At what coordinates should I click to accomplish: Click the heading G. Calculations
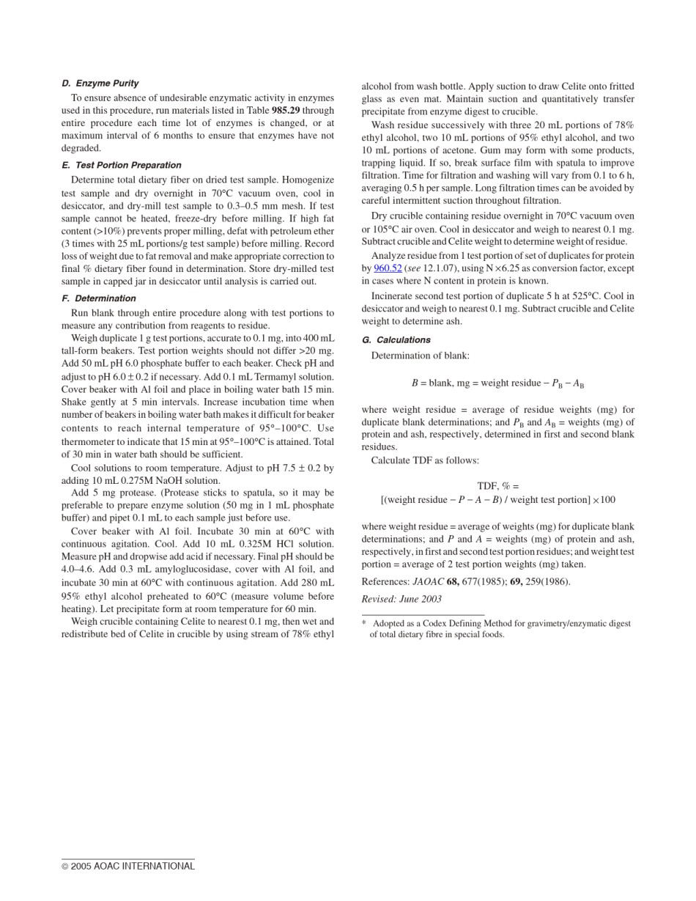396,340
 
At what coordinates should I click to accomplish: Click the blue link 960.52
388,268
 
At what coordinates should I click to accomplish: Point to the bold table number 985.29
286,111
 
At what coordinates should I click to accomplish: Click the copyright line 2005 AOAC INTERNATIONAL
128,867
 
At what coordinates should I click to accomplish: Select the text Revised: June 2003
401,599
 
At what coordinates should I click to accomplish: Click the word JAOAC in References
429,582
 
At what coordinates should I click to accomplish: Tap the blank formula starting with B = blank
497,383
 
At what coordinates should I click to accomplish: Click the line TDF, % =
497,486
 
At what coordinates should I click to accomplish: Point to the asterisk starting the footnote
364,624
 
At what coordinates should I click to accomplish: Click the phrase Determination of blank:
420,356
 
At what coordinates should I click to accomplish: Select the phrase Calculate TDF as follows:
425,460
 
